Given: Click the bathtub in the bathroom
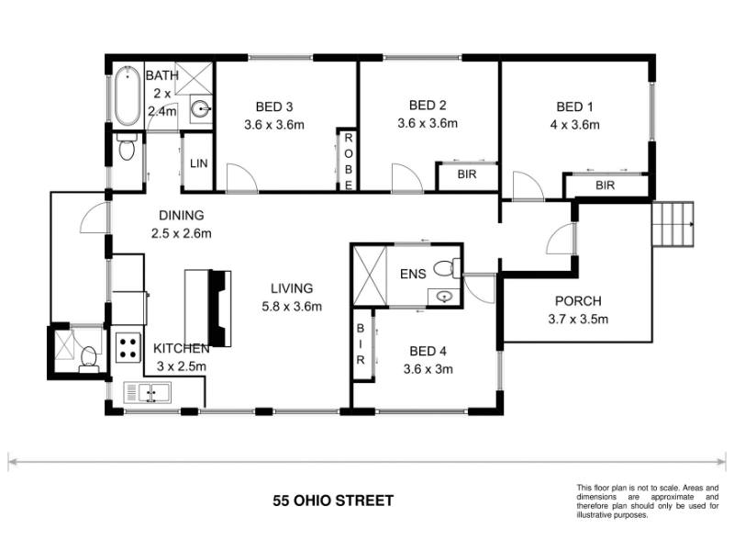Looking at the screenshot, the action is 127,96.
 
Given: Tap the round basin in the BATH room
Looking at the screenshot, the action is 201,110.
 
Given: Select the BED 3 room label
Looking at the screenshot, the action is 274,107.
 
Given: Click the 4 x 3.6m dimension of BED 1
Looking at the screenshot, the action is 575,125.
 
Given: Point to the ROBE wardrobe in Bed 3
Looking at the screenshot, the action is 349,159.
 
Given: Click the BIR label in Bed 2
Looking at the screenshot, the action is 467,174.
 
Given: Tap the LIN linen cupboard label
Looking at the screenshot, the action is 198,163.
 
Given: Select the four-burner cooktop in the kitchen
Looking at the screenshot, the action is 128,348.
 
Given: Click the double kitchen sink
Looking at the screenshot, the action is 148,393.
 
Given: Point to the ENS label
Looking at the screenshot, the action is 414,274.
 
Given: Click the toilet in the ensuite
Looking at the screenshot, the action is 447,268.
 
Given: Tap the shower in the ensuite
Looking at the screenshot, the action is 370,276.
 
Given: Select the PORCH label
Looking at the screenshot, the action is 578,301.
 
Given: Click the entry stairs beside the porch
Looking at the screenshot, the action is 673,224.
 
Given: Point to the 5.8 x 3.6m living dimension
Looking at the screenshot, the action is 292,307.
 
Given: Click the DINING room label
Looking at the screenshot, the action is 182,215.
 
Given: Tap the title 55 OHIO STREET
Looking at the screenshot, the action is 333,500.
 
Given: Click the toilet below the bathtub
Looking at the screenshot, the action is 127,147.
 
